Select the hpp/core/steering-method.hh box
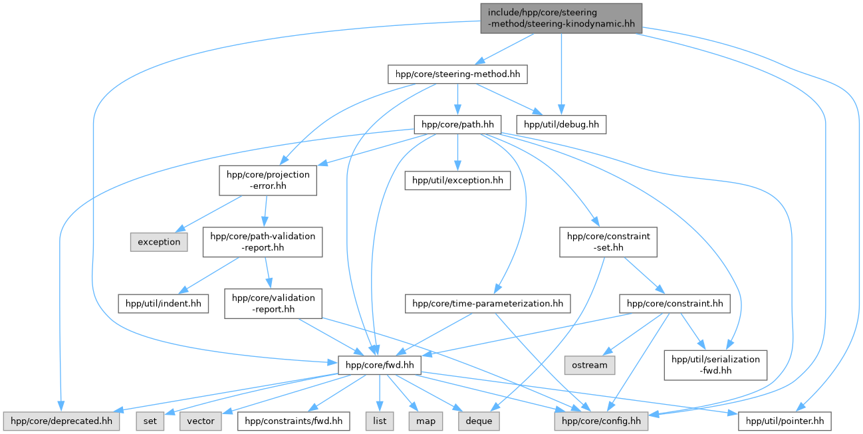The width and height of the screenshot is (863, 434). pos(457,74)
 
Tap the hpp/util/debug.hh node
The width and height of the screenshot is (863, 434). pos(562,124)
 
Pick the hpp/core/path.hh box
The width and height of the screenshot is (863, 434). pos(457,124)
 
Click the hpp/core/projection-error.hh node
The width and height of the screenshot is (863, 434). pos(267,180)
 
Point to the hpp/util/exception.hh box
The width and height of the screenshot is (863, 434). pos(457,180)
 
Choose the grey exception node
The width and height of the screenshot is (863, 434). pos(159,242)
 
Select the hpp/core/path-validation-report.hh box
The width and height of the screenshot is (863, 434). pos(263,241)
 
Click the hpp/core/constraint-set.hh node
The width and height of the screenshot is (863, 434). pos(608,241)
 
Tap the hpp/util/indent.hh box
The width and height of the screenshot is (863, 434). pos(163,304)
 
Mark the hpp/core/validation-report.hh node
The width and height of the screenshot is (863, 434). pos(273,303)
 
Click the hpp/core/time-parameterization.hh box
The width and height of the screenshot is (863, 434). pos(488,304)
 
